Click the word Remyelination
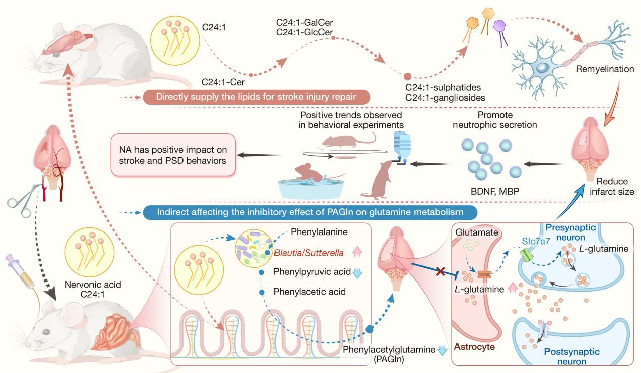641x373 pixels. click(605, 68)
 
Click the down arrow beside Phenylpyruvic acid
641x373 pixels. click(358, 272)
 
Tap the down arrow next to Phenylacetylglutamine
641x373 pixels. click(443, 350)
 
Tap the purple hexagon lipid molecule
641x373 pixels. click(500, 25)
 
